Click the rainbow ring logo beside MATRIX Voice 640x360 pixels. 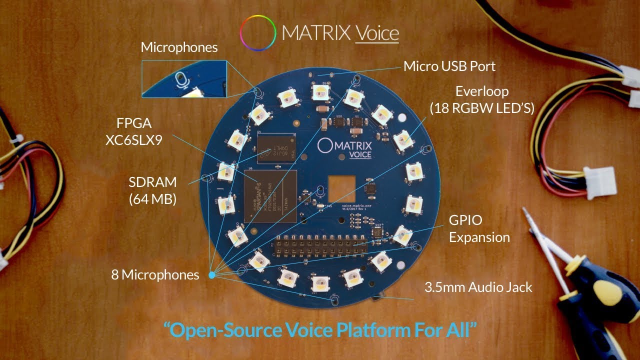pyautogui.click(x=257, y=33)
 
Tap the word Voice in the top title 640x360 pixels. pyautogui.click(x=376, y=33)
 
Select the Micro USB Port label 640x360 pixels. pyautogui.click(x=449, y=66)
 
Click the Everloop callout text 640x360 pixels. pyautogui.click(x=482, y=99)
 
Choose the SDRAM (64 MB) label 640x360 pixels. pyautogui.click(x=152, y=190)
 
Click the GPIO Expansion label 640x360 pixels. pyautogui.click(x=479, y=228)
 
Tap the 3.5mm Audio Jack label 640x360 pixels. pyautogui.click(x=478, y=287)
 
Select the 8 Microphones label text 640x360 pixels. pyautogui.click(x=155, y=274)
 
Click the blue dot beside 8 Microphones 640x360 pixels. pyautogui.click(x=211, y=275)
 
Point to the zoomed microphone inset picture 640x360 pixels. pyautogui.click(x=184, y=78)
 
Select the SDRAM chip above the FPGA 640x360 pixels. pyautogui.click(x=277, y=148)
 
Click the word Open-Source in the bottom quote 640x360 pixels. pyautogui.click(x=220, y=330)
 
